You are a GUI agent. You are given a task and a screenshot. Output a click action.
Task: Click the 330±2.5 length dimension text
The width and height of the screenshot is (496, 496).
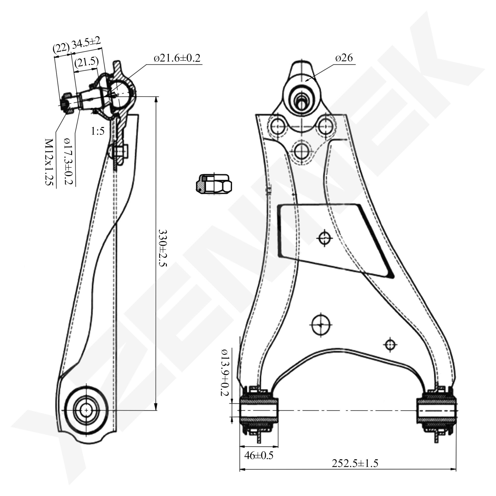point(162,248)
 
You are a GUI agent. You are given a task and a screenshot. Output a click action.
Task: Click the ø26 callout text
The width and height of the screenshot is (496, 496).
point(344,58)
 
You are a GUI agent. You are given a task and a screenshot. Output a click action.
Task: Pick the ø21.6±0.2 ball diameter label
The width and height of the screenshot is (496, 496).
point(177,58)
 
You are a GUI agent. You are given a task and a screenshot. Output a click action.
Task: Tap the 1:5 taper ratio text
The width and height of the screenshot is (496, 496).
point(97,131)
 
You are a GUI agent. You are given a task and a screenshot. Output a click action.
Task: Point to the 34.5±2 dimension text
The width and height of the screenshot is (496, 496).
point(86,43)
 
